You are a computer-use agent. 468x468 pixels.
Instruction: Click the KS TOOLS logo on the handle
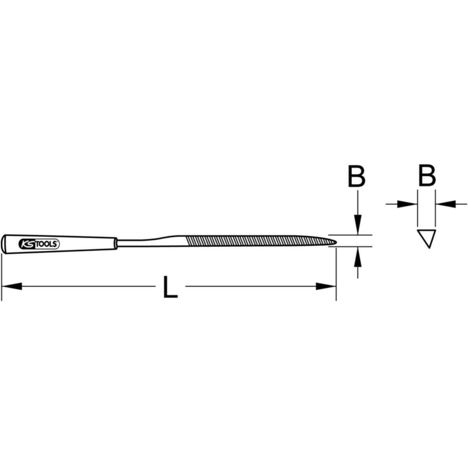tap(38, 244)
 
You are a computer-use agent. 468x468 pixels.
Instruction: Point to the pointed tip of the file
tap(336, 242)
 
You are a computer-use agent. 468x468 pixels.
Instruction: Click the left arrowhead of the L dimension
tap(12, 286)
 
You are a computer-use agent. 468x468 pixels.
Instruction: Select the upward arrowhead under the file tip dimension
tap(358, 257)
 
